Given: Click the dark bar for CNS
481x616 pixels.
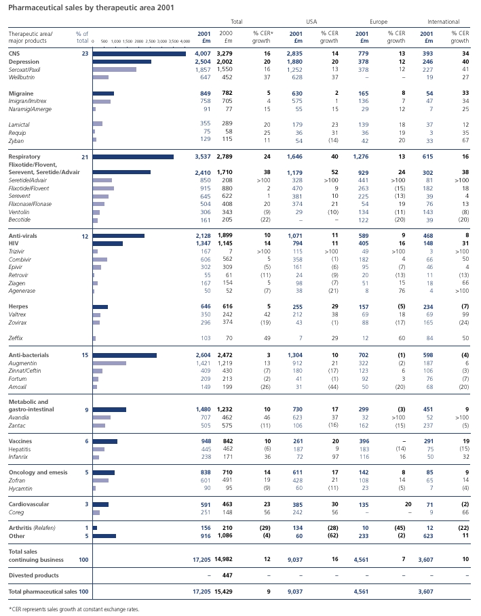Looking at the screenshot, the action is [139, 54].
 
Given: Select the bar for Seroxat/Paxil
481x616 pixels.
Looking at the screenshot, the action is [115, 70].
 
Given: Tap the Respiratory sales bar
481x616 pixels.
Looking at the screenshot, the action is [134, 157].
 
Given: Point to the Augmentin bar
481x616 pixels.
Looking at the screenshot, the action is [109, 363].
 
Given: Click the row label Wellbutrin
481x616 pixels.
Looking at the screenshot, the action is [22, 77].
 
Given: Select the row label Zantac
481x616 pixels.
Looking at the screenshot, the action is [17, 426].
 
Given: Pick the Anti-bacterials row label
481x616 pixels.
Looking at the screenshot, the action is [28, 355].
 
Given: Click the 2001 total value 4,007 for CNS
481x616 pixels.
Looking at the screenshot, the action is [203, 54].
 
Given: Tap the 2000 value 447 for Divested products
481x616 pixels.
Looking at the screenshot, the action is [227, 575].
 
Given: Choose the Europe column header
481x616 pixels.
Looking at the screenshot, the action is [379, 22].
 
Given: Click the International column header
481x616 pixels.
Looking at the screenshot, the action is [443, 22].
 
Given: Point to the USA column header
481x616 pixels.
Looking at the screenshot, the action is [311, 22].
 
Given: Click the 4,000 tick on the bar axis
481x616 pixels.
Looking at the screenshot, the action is [185, 41].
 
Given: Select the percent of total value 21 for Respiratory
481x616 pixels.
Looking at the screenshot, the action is [85, 157].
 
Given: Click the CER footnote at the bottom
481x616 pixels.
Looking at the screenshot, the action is [74, 609].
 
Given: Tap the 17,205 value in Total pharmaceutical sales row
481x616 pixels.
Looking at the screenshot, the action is [201, 592].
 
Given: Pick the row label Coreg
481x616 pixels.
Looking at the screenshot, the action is [16, 513].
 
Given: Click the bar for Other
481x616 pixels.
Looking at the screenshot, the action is [104, 536].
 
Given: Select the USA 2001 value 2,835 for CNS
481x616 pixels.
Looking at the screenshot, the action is [294, 54].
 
